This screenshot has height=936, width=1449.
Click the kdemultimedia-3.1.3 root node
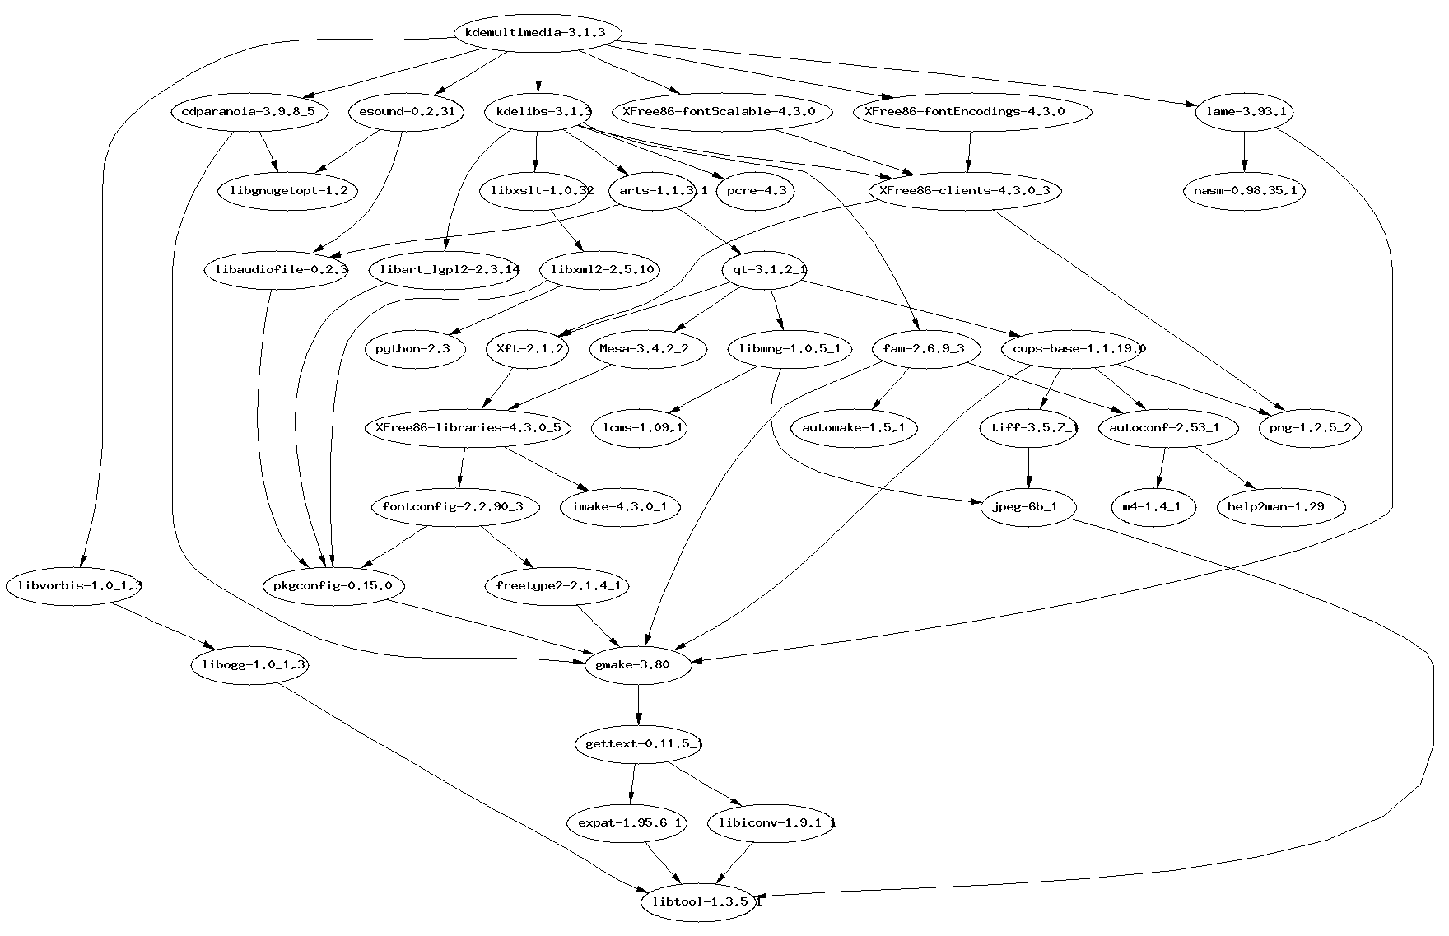point(537,33)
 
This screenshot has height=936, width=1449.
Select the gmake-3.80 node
point(638,665)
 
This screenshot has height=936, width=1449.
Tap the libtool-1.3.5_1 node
point(701,901)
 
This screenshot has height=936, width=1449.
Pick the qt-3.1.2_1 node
point(764,269)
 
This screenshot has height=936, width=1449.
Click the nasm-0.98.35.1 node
point(1244,191)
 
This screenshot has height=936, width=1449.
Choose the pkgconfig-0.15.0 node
point(333,586)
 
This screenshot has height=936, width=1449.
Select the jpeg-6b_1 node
point(1029,506)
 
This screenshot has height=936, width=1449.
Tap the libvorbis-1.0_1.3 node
point(74,586)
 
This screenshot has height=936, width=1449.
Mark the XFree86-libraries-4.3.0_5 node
point(468,427)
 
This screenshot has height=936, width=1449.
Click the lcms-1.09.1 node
point(640,427)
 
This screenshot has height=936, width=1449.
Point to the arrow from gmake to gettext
point(638,705)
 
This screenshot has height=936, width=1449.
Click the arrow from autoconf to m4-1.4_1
point(1162,468)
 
